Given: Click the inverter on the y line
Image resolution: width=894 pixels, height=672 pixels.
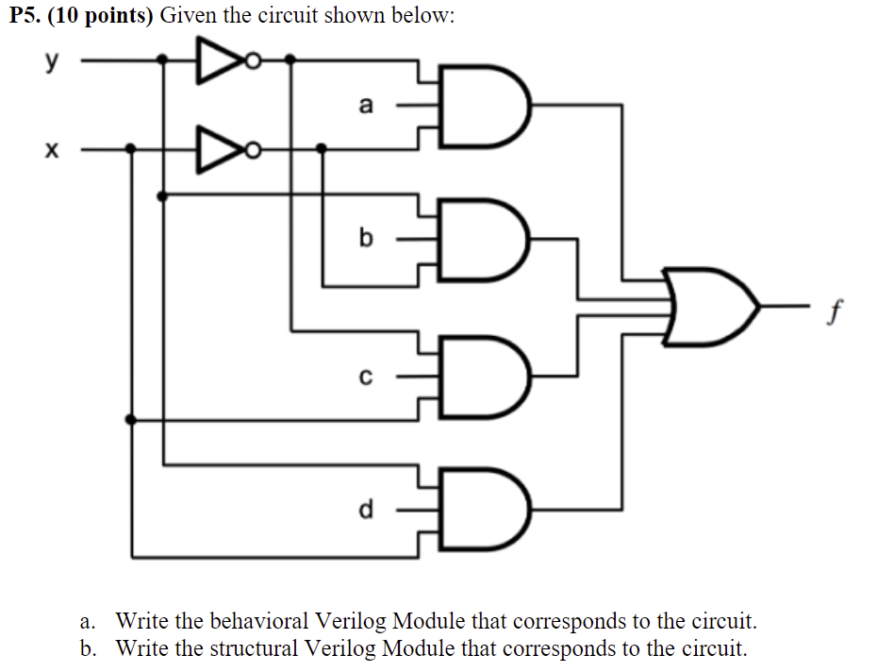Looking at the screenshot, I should click(217, 61).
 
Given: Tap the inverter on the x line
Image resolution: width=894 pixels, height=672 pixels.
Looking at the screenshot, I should click(217, 149).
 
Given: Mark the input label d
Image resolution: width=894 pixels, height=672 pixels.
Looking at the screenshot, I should click(366, 510).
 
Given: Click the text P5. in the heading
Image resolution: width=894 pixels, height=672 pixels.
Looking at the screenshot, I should click(28, 17).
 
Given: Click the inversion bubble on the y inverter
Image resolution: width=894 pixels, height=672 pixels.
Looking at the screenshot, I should click(253, 61).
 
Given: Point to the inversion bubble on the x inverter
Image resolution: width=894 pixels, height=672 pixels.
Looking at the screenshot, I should click(253, 149).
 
